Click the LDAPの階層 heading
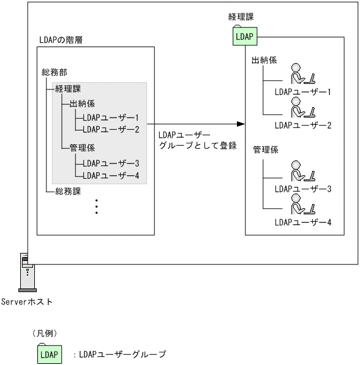point(60,39)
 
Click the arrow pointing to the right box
point(196,124)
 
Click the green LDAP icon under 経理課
point(244,37)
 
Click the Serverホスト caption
point(26,301)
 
